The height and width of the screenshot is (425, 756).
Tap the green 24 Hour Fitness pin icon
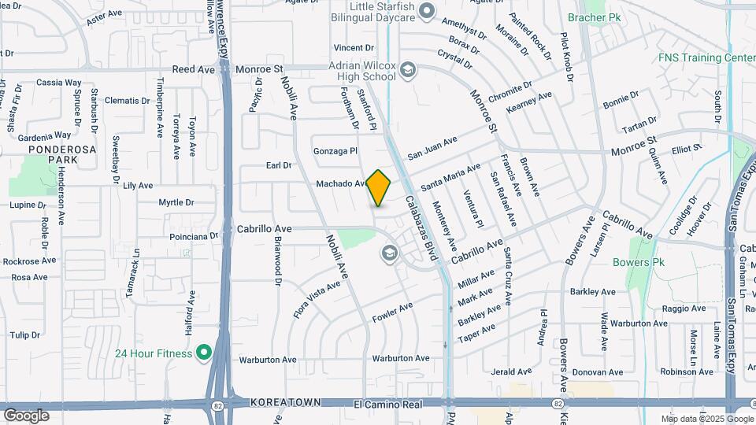pyautogui.click(x=204, y=353)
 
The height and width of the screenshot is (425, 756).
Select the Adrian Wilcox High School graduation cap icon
pyautogui.click(x=407, y=71)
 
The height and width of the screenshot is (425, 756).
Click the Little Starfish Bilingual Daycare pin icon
pyautogui.click(x=427, y=11)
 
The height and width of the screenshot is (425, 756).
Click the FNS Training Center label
pyautogui.click(x=706, y=57)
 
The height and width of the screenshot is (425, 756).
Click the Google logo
pyautogui.click(x=26, y=415)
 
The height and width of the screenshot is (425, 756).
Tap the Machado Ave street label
pyautogui.click(x=341, y=183)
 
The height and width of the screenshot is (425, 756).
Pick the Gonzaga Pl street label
pyautogui.click(x=335, y=150)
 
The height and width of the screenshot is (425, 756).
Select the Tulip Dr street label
pyautogui.click(x=25, y=335)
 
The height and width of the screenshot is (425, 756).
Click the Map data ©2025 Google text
pyautogui.click(x=706, y=419)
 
